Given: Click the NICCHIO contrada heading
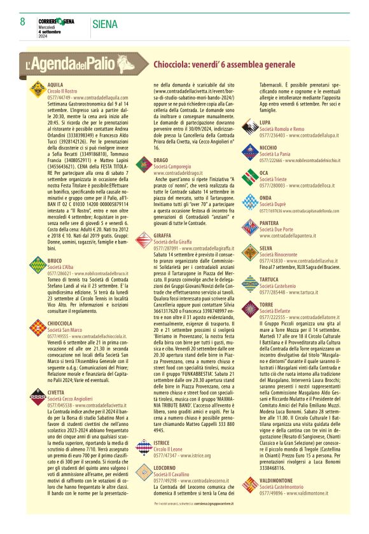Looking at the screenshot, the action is [270, 147].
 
